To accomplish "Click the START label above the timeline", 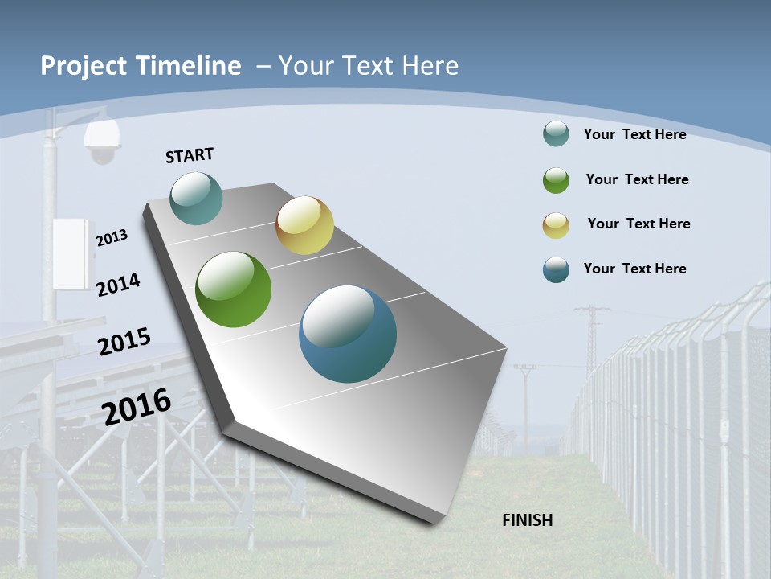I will coord(190,155).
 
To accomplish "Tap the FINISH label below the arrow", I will coord(528,520).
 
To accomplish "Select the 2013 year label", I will coord(112,238).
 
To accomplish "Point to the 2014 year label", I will coord(119,285).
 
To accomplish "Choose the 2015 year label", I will coord(124,341).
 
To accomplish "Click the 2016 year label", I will coord(137,406).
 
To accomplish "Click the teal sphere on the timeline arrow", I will coord(196,198).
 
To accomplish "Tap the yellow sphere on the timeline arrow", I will coord(304,225).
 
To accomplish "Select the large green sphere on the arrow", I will coord(234,289).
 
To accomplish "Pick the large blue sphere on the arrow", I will coord(348,334).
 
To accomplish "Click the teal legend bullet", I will coord(556,133).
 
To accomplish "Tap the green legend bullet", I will coord(556,180).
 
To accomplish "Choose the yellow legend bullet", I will coord(556,225).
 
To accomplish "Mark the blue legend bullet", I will coord(556,269).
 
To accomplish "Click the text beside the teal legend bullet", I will coord(634,134).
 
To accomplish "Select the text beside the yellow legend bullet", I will coord(638,224).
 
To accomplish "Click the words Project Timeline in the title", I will coord(141,66).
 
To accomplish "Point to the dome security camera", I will coord(102,143).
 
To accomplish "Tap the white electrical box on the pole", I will coord(70,253).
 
